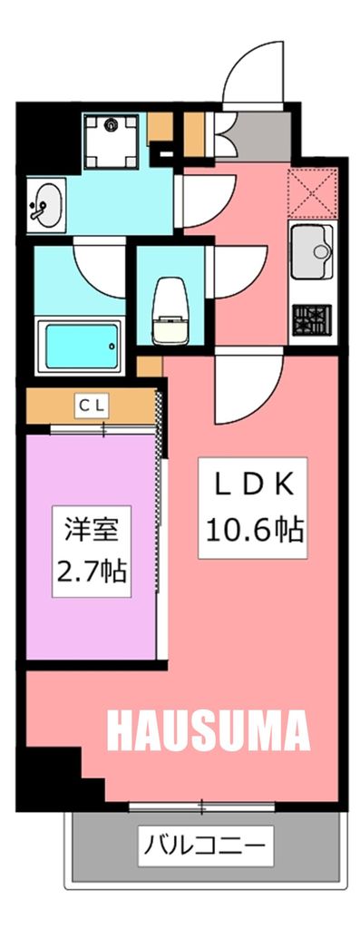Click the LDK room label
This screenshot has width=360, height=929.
(x=251, y=485)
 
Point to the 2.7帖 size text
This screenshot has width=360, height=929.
(x=90, y=572)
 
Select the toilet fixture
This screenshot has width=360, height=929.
(x=170, y=308)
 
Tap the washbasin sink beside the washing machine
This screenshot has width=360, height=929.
(x=47, y=204)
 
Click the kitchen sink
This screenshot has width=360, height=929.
(x=312, y=253)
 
